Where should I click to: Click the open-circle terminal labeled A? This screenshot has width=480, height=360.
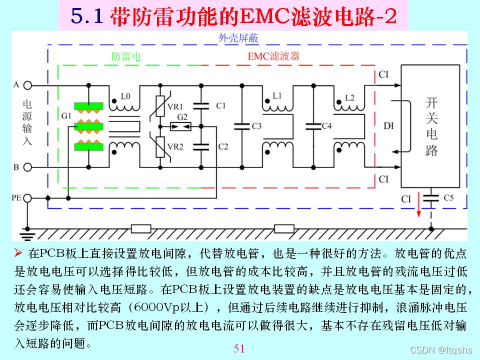click(27, 85)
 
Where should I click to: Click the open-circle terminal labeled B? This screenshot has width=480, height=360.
click(27, 167)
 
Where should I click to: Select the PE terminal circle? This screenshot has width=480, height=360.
click(27, 198)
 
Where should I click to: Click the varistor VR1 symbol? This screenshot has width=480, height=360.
click(160, 106)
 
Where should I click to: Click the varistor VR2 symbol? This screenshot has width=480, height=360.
click(160, 146)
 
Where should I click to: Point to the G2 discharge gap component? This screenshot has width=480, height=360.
click(180, 126)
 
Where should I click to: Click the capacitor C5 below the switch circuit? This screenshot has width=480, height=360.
click(429, 198)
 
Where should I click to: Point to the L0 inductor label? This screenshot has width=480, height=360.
click(125, 95)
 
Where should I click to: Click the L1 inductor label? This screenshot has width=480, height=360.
click(278, 95)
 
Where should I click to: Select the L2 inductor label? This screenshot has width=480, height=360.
click(350, 95)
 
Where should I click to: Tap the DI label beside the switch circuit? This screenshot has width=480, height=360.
click(388, 125)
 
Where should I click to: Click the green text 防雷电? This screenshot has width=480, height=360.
click(125, 56)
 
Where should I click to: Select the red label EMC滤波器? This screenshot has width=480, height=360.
click(273, 56)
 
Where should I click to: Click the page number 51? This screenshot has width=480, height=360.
click(239, 348)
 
